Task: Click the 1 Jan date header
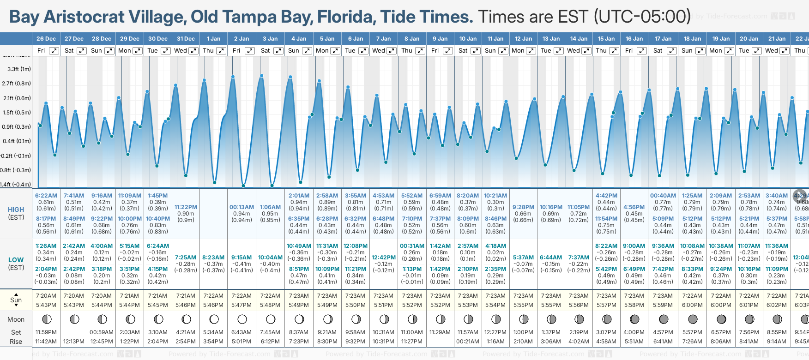pos(213,39)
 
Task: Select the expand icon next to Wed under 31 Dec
pos(193,51)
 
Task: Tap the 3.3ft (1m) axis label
pos(19,69)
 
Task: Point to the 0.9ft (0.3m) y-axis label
pos(17,127)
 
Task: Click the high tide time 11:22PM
pos(186,207)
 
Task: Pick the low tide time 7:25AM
pos(186,258)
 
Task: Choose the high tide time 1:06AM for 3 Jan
pos(270,207)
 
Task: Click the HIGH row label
pos(16,210)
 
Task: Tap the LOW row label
pos(16,260)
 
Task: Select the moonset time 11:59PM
pos(46,332)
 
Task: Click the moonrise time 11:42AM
pos(46,342)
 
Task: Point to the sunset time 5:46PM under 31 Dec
pos(186,305)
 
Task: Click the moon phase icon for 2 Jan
pos(242,319)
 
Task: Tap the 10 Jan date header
pos(468,39)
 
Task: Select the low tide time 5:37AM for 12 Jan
pos(523,258)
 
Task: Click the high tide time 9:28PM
pos(523,207)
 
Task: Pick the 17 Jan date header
pos(663,39)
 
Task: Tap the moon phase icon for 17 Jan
pos(664,319)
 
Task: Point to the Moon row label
pos(16,319)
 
